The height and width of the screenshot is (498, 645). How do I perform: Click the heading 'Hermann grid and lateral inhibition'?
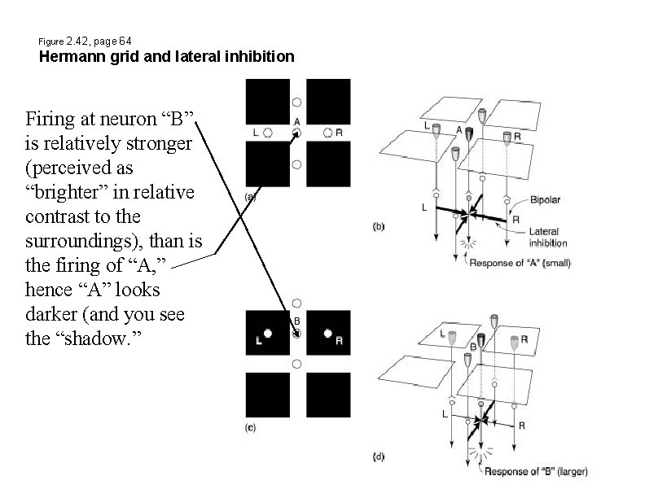point(166,57)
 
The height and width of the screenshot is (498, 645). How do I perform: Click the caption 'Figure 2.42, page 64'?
point(86,40)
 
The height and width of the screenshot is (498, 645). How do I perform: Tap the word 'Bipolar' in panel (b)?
point(545,199)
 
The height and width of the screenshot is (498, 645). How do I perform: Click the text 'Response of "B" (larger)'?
point(535,471)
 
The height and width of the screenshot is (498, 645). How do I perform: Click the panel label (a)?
point(252,196)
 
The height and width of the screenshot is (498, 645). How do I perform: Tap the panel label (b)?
point(379,227)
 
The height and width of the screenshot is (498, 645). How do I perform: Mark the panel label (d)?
point(379,457)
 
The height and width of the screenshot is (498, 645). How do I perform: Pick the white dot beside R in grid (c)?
point(327,333)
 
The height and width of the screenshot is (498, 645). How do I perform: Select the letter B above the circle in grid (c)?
point(297,321)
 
